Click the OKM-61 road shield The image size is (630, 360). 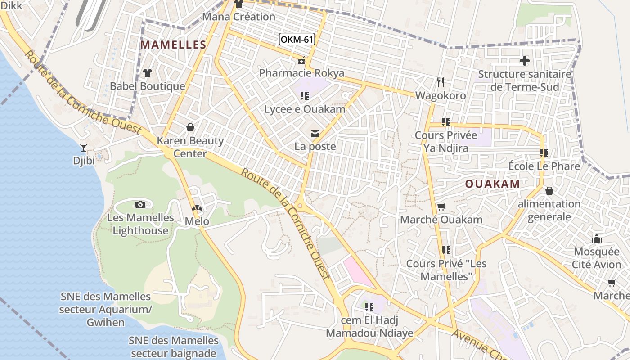297,40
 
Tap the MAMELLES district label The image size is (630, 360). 173,45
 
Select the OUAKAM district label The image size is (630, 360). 492,184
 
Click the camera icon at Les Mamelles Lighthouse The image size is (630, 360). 140,204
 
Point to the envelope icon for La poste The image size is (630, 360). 315,133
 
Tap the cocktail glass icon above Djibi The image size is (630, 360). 84,147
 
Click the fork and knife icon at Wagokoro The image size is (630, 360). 441,82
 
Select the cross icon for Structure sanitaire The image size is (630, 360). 525,60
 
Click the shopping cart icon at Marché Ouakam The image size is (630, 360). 441,207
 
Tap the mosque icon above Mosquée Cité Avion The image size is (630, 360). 597,238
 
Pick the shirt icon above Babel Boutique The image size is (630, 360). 148,72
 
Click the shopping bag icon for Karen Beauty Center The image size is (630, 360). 190,127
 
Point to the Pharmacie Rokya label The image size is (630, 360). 301,73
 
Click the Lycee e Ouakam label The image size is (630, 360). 305,109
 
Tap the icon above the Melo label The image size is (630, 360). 197,208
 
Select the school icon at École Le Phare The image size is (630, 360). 544,153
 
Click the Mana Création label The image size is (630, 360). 238,17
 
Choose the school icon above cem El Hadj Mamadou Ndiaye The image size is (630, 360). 369,307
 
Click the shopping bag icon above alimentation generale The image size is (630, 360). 549,191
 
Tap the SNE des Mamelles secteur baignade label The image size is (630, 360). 174,346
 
